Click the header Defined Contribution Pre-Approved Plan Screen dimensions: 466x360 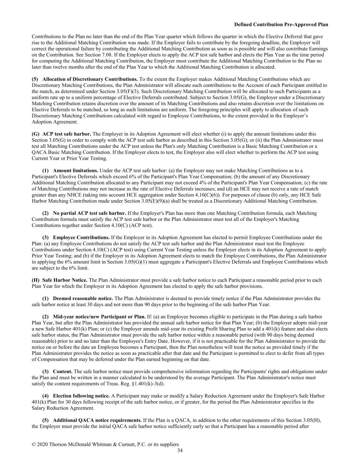(281, 25)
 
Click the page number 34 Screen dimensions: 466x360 (180, 451)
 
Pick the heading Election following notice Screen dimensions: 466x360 (81, 396)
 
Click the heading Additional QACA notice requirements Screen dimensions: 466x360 (97, 420)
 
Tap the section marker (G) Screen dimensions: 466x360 (35, 134)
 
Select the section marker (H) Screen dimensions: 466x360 (35, 280)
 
